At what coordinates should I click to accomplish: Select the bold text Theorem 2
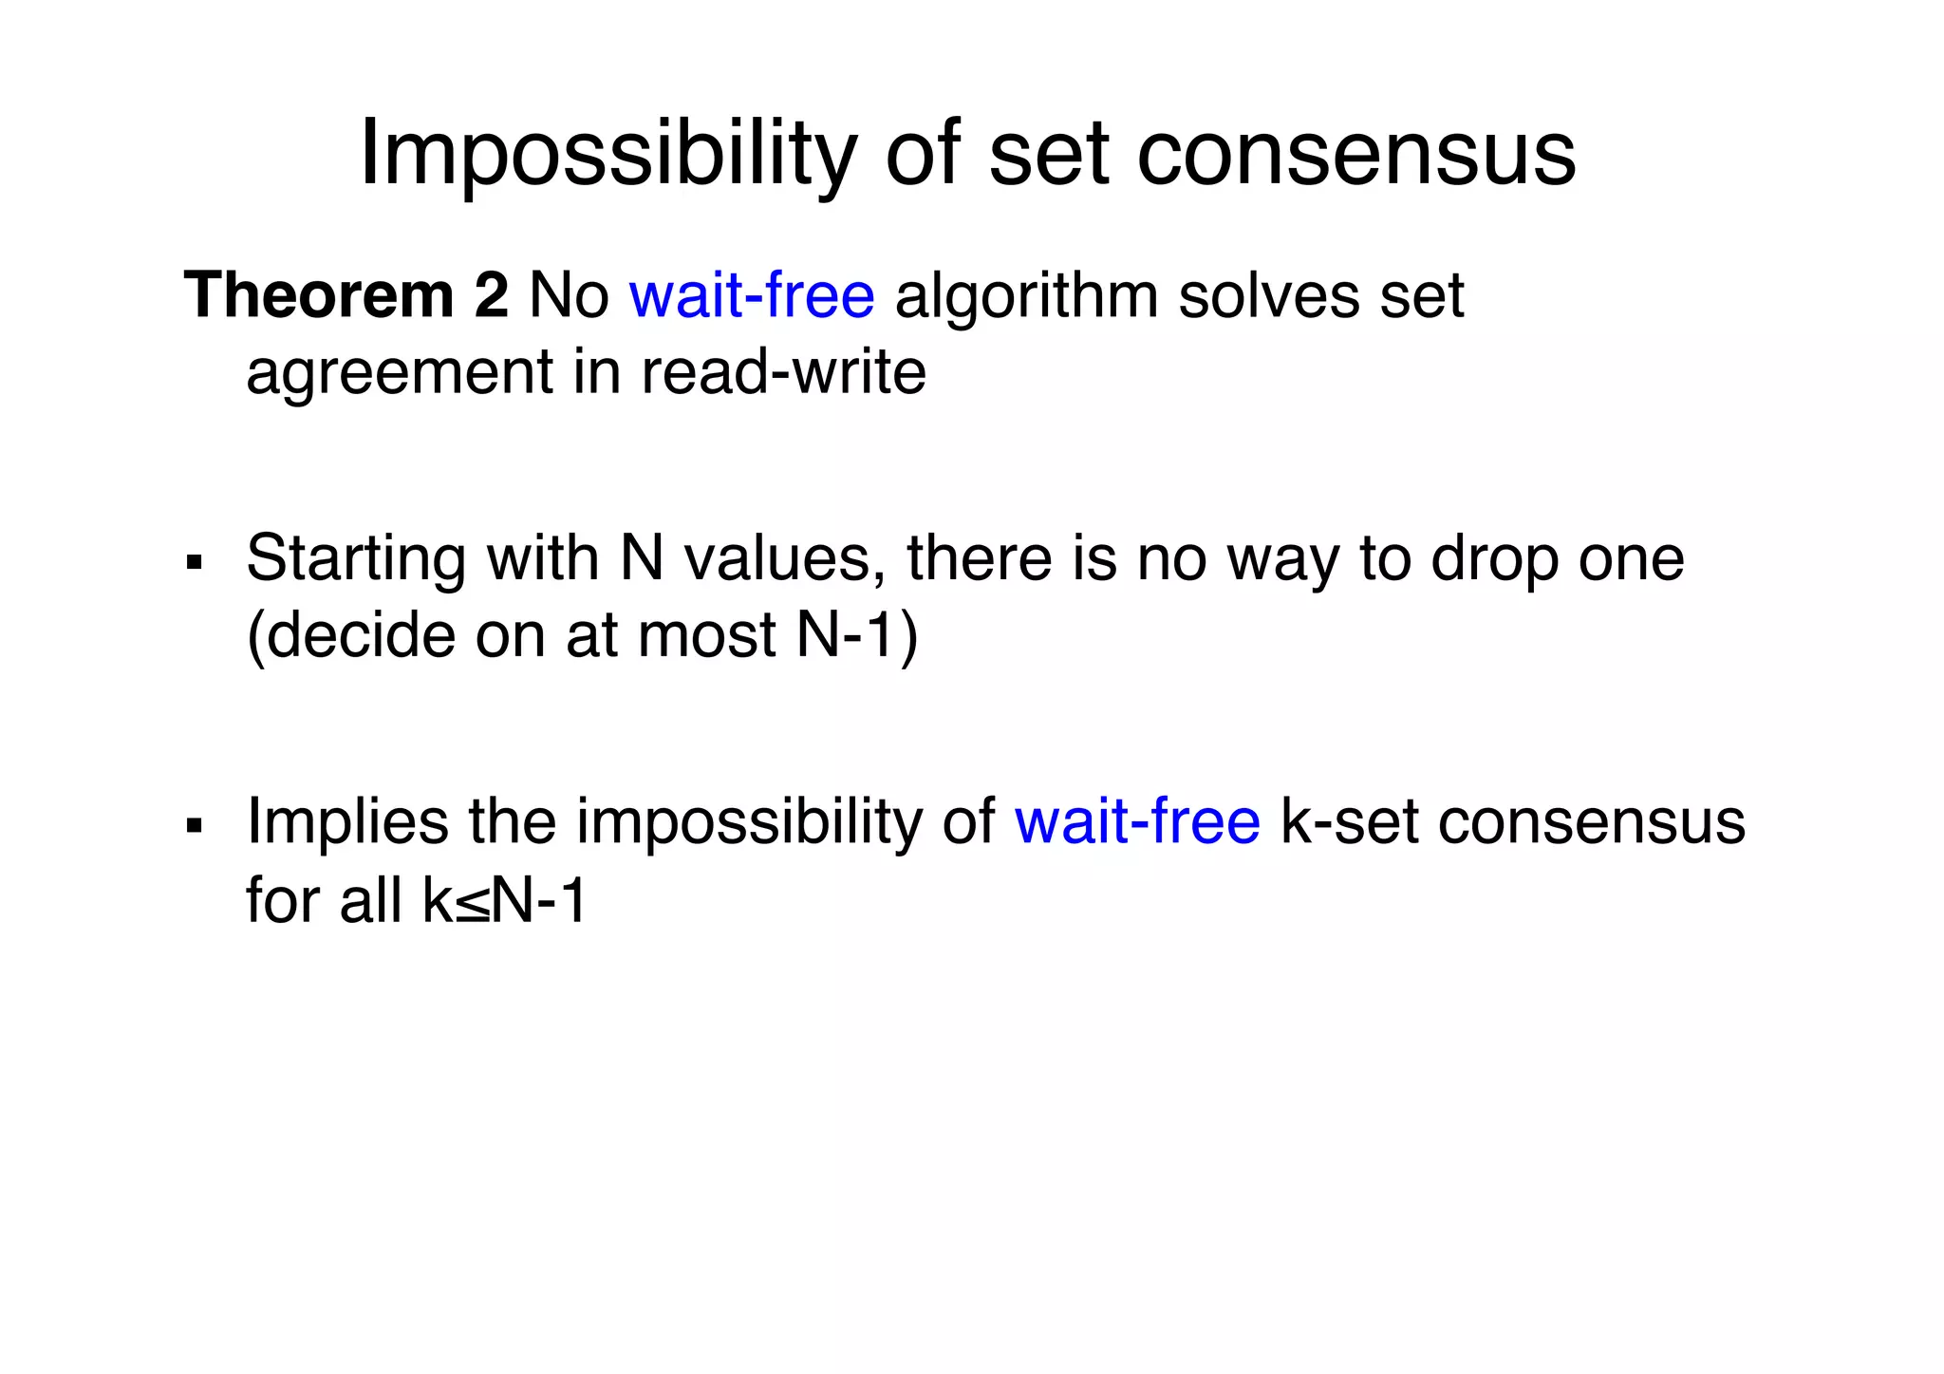click(346, 295)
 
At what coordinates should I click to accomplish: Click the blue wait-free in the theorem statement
click(752, 295)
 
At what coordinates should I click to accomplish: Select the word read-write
click(783, 371)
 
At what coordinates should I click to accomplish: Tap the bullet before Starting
click(196, 563)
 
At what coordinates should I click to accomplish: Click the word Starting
click(357, 559)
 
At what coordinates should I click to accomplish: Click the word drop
click(1495, 559)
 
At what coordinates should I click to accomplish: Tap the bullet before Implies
click(196, 825)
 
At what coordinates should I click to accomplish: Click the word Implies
click(347, 822)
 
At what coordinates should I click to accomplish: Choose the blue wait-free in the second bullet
click(1137, 822)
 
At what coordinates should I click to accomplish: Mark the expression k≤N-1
click(505, 899)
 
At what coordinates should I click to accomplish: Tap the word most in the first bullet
click(708, 635)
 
